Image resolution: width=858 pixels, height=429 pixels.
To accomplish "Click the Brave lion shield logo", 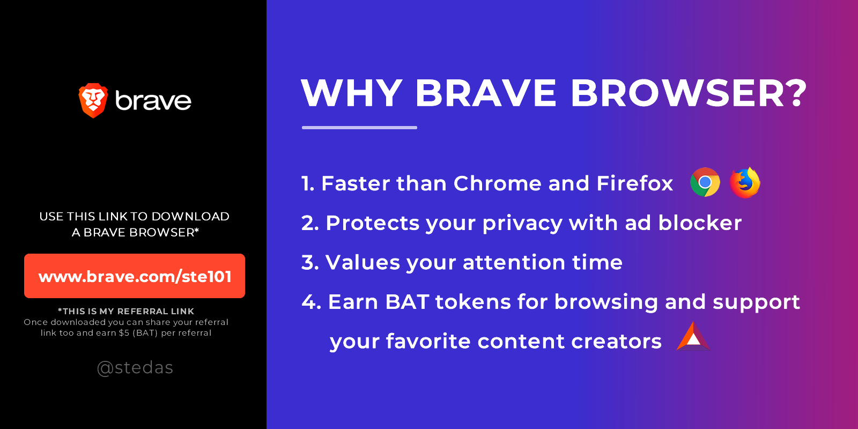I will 93,100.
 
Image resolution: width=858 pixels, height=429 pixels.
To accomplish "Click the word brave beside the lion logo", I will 153,101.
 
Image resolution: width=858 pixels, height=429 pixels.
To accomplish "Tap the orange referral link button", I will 135,276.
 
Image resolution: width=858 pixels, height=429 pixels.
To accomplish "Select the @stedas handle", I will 135,368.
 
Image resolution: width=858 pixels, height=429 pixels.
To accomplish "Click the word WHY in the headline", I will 352,93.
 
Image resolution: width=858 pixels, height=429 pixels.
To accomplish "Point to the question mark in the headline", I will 794,93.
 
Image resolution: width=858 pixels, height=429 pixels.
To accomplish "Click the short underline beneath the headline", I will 359,128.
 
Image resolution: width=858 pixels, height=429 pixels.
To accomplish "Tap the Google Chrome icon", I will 705,182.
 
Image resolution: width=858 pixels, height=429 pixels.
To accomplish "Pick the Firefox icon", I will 745,182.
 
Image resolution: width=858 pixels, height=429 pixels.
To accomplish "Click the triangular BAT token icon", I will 693,337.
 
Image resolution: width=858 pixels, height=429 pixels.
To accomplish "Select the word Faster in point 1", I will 357,183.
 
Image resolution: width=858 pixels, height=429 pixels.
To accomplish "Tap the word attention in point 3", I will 514,263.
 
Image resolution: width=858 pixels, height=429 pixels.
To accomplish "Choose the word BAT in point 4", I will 407,302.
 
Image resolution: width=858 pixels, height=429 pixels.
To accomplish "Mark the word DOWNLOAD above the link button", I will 190,217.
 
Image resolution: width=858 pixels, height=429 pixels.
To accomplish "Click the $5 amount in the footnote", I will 124,333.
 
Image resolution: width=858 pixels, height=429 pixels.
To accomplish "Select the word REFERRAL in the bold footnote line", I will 143,312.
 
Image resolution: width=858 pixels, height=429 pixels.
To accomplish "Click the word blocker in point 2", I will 700,223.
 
